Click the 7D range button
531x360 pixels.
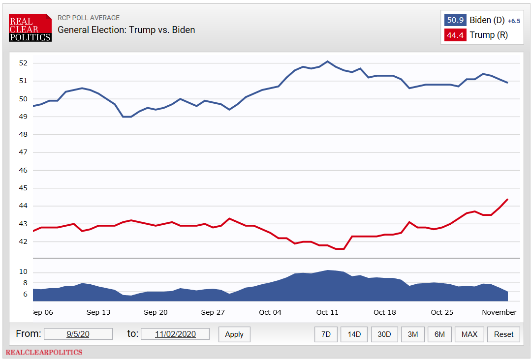coord(326,334)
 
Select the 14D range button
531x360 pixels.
coord(354,334)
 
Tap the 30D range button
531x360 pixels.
coord(384,334)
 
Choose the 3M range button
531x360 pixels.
coord(412,334)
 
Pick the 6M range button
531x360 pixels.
coord(439,334)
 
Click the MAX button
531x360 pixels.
coord(469,334)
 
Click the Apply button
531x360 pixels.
coord(234,334)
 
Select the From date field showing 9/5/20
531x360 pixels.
coord(78,334)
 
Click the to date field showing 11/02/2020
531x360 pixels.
coord(175,334)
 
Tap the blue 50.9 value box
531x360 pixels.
coord(455,20)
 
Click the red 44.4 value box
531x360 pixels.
coord(455,35)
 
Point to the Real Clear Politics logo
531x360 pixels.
coord(30,28)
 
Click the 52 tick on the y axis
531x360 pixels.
coord(24,63)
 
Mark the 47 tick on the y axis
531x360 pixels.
coord(24,152)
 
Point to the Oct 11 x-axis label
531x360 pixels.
coord(327,312)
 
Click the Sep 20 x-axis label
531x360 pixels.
coord(156,312)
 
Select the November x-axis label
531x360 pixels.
coord(499,312)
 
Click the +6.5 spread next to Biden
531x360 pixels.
coord(514,21)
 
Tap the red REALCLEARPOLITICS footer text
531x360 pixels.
coord(44,352)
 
